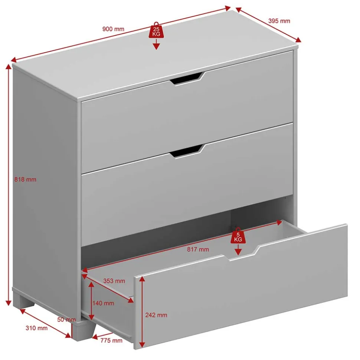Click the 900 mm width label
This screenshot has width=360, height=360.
(x=113, y=29)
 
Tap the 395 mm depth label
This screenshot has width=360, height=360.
(x=279, y=21)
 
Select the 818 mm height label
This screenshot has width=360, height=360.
(x=25, y=179)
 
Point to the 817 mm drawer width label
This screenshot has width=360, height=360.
(x=198, y=250)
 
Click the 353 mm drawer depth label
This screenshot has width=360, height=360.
(x=114, y=281)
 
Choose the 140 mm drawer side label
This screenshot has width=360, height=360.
(x=103, y=303)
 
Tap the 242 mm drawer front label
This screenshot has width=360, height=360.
(x=156, y=315)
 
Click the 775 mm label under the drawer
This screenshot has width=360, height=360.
(x=111, y=340)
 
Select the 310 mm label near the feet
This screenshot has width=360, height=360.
(x=36, y=328)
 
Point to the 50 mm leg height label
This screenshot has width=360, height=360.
(x=66, y=320)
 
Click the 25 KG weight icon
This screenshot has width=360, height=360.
(x=156, y=30)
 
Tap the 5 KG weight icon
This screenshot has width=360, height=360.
(x=238, y=235)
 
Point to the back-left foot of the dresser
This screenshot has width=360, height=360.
(x=24, y=299)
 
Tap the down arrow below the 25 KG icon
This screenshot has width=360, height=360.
(x=156, y=44)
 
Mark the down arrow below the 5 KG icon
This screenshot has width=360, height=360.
(x=238, y=250)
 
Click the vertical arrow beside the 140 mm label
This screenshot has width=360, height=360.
(x=91, y=301)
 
